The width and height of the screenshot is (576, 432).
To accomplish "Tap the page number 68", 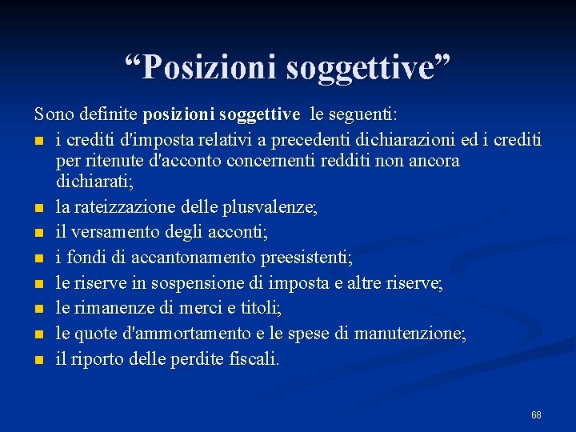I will pyautogui.click(x=536, y=414).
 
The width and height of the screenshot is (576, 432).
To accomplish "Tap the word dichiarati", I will pyautogui.click(x=93, y=181).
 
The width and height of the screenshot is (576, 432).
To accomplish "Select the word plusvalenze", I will pyautogui.click(x=276, y=208).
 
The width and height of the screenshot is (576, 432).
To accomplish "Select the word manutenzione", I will pyautogui.click(x=408, y=334).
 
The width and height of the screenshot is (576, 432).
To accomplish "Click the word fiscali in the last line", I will pyautogui.click(x=255, y=359).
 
